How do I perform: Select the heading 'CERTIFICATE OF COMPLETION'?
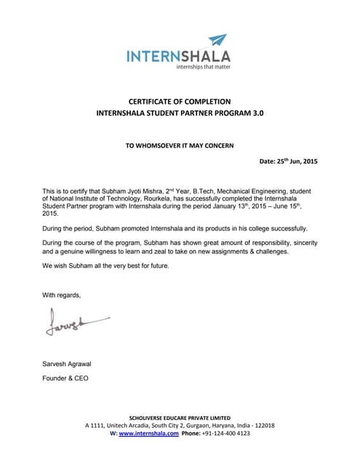[x=180, y=101]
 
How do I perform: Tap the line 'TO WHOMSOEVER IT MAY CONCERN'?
[x=180, y=145]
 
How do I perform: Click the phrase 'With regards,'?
[x=62, y=295]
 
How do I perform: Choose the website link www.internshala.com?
[x=148, y=433]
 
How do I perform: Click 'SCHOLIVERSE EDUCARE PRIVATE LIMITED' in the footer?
[x=180, y=418]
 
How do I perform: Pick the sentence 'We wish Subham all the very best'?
[x=105, y=266]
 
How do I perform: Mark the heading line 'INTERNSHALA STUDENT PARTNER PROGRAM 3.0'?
[x=180, y=114]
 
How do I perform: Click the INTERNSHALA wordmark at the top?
[x=179, y=55]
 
